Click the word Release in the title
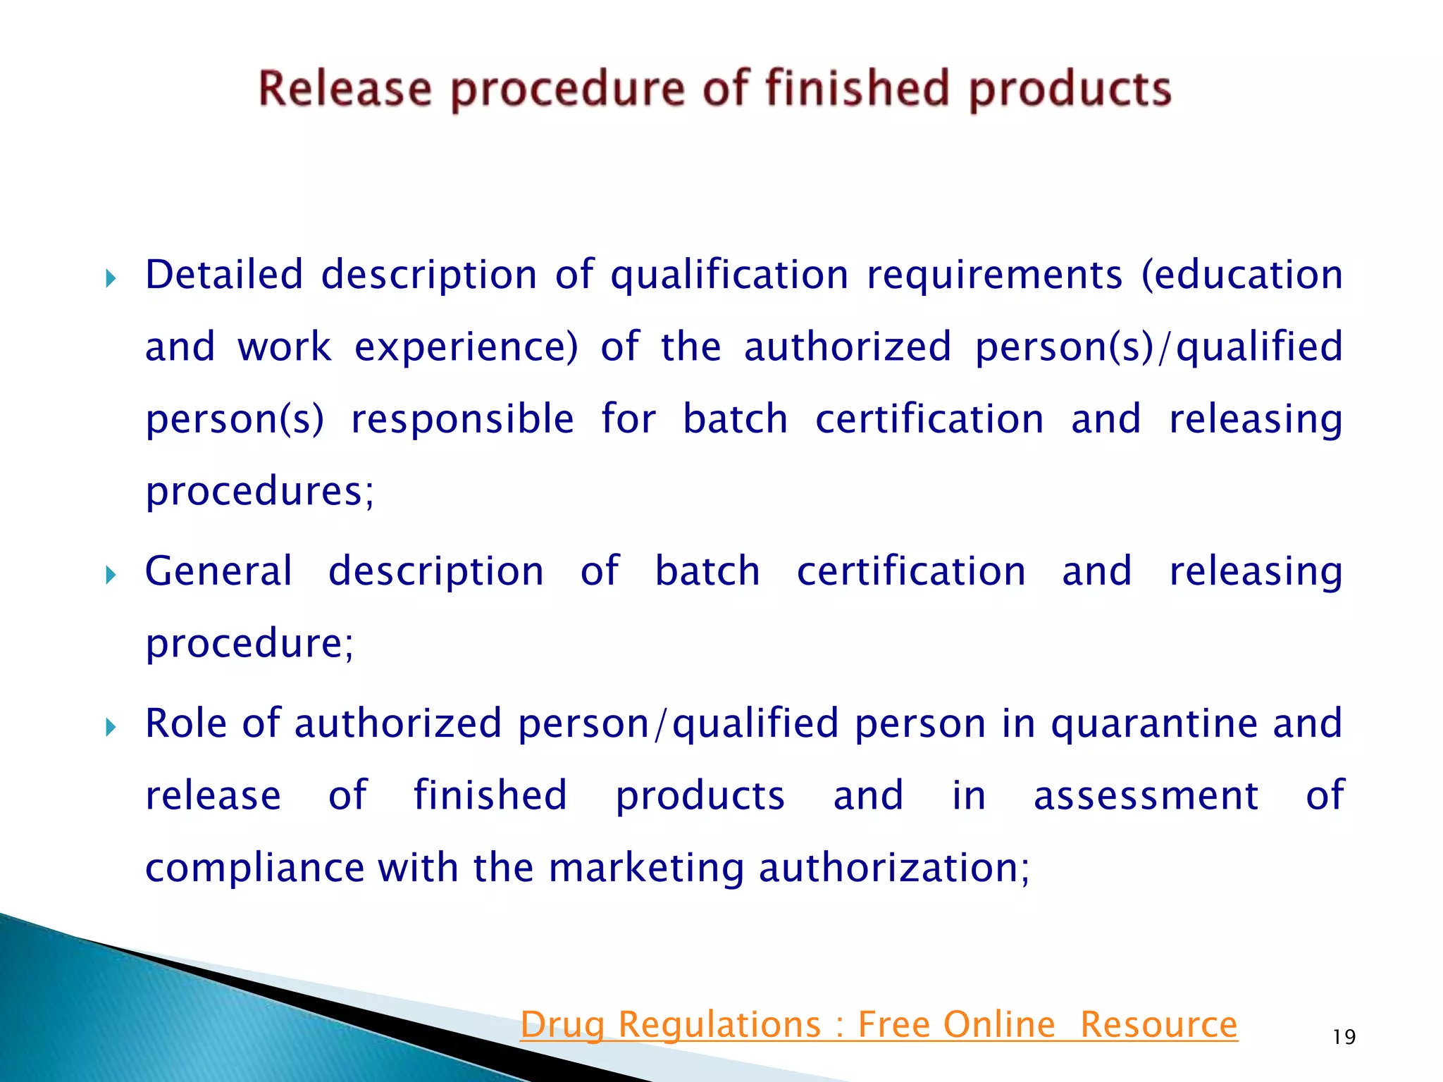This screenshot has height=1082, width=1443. coord(345,89)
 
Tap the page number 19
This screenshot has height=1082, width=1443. coord(1344,1037)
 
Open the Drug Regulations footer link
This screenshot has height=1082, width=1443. coord(879,1024)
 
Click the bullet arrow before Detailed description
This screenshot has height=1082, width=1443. coord(110,279)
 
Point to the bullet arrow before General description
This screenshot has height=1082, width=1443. coord(110,576)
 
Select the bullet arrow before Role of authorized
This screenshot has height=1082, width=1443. coord(110,727)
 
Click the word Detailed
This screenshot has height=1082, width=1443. coord(224,275)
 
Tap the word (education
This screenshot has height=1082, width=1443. coord(1241,275)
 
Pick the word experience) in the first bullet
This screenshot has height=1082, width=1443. coord(466,347)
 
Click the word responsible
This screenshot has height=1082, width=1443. coord(462,420)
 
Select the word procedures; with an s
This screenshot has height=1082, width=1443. coord(259,492)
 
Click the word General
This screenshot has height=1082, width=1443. coord(218,571)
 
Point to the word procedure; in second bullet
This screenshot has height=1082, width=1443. coord(249,644)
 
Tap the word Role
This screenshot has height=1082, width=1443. coord(186,723)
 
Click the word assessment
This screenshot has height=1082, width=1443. coord(1146,796)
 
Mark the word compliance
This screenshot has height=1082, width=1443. coord(255,868)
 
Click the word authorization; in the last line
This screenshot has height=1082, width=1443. coord(894,868)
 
